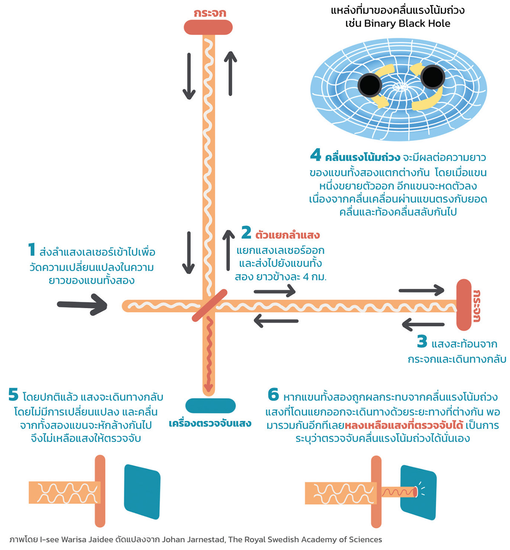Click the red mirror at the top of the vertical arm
(208, 27)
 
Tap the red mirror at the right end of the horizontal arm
(464, 305)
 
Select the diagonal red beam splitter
(210, 305)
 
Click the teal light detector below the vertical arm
(210, 405)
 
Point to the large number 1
(31, 249)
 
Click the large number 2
(246, 232)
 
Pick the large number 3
(422, 341)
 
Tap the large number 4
(315, 155)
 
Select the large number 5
(13, 395)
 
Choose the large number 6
(273, 395)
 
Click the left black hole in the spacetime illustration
(369, 85)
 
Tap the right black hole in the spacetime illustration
(432, 77)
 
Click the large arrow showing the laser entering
(82, 304)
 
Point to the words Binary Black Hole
(407, 23)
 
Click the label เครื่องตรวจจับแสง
(210, 424)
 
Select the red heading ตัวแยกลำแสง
(287, 235)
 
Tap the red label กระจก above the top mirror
(210, 13)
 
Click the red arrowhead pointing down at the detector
(208, 387)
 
